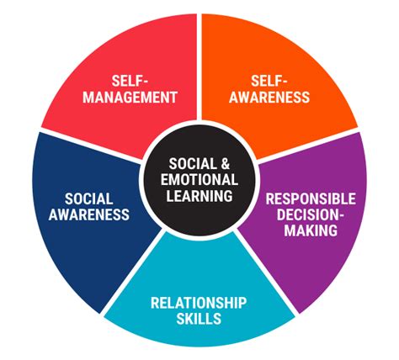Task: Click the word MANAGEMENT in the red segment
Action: coord(130,97)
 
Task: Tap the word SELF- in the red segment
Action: coord(130,81)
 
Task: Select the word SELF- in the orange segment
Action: coord(269,81)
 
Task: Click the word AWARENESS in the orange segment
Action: coord(269,97)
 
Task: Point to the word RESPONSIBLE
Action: coord(311,199)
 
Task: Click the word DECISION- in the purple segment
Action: coord(311,214)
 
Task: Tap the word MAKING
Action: coord(311,230)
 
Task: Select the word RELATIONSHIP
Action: coord(199,303)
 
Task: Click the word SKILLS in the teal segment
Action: coord(199,319)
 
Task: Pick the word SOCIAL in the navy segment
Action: coord(89,199)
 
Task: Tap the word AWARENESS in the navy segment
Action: coord(89,214)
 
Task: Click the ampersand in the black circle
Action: coord(226,163)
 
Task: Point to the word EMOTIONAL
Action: coord(199,179)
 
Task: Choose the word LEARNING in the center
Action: coord(199,195)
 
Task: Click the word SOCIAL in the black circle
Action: coord(193,163)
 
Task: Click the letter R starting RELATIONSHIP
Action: coord(155,303)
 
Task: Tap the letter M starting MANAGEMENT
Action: coord(89,97)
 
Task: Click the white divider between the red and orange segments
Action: coord(199,66)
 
